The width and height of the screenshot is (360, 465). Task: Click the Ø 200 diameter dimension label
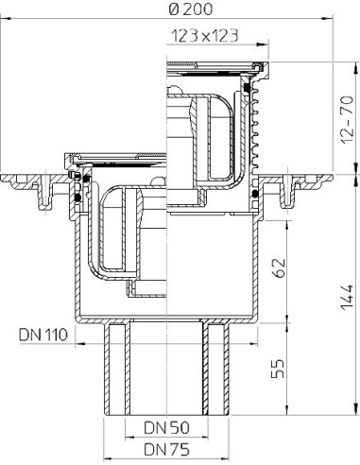191,9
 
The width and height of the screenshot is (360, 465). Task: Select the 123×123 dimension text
204,36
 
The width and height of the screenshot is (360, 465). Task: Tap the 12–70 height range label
349,120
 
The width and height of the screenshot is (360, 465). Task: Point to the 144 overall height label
349,298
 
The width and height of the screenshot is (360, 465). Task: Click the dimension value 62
279,267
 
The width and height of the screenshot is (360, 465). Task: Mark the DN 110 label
43,335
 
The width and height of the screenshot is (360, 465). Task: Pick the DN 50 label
166,427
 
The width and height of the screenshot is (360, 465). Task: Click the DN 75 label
166,449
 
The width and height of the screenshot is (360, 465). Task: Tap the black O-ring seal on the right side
256,193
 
